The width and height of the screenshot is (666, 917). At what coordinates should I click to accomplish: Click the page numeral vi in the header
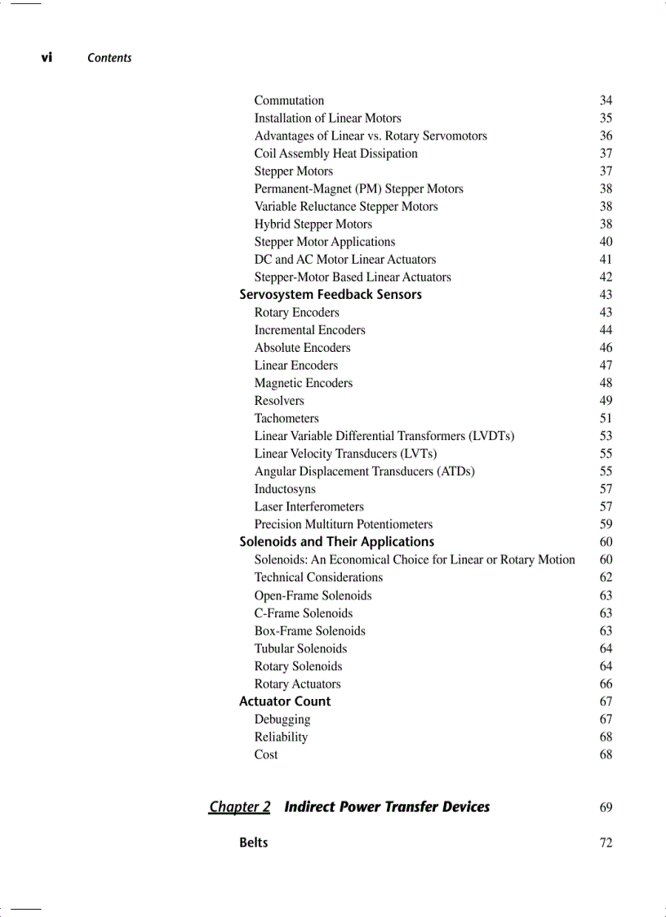click(x=47, y=57)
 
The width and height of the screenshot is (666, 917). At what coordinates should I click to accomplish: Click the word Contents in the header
click(x=109, y=58)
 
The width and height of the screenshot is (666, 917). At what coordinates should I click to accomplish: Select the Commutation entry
click(x=289, y=100)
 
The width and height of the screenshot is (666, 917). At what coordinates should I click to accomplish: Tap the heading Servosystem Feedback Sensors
click(x=331, y=295)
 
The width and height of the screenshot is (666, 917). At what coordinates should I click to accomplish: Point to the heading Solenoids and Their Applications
click(x=336, y=541)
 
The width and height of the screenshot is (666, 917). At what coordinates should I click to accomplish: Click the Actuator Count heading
click(x=285, y=701)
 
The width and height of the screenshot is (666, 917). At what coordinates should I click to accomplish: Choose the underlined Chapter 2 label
click(x=239, y=807)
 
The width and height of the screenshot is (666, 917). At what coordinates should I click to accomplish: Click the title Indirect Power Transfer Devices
click(x=387, y=807)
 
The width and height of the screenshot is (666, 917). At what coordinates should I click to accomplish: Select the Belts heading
click(x=253, y=843)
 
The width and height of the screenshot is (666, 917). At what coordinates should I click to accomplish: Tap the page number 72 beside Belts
click(x=606, y=843)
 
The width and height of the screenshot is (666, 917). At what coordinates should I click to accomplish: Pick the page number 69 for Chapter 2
click(x=606, y=808)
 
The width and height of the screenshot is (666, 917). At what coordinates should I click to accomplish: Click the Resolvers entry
click(x=279, y=401)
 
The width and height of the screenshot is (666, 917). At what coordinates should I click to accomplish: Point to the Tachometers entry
click(x=286, y=418)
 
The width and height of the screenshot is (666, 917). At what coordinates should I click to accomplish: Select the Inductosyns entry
click(x=285, y=489)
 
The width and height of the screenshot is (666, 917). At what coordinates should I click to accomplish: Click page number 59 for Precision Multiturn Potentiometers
click(x=606, y=524)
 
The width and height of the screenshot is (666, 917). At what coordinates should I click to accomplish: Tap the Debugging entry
click(x=282, y=719)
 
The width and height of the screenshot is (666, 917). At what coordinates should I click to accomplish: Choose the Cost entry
click(x=266, y=755)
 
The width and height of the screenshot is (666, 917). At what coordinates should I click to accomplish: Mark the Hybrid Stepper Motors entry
click(x=313, y=225)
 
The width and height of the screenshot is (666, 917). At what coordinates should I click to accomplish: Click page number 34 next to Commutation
click(x=606, y=100)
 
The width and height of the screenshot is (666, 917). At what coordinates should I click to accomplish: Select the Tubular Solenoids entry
click(x=300, y=648)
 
